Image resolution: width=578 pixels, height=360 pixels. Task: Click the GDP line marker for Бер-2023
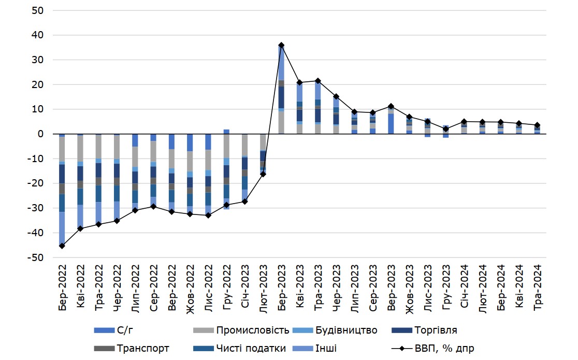point(281,45)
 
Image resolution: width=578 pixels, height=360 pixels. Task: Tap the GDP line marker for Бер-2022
point(62,246)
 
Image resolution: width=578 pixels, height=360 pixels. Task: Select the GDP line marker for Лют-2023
point(263,174)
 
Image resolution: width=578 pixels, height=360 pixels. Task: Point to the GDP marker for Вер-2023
point(391,106)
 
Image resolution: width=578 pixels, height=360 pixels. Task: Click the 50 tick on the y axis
point(39,10)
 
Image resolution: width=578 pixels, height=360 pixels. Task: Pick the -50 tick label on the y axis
point(37,257)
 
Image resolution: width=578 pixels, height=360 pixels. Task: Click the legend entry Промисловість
point(252,330)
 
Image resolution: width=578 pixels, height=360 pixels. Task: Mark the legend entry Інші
point(326,349)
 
